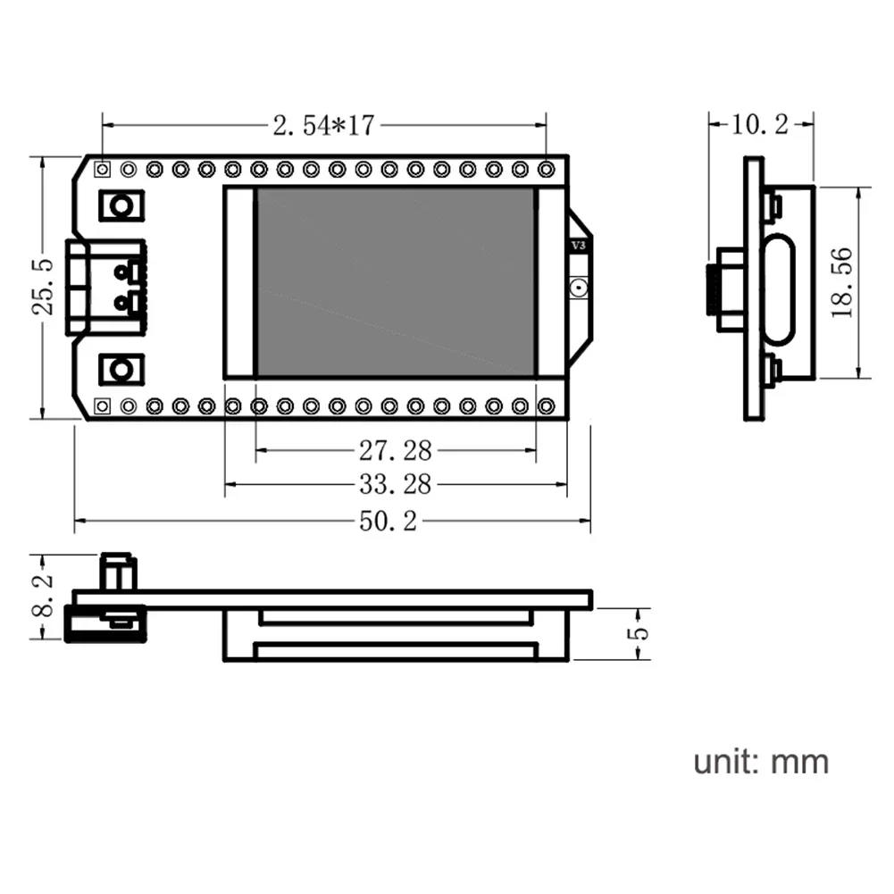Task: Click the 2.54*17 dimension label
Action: tap(322, 126)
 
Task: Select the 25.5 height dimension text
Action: tap(44, 287)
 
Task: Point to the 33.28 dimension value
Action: tap(395, 484)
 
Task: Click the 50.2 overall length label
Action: tap(389, 522)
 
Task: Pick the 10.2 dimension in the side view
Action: tap(759, 125)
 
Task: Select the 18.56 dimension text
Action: tap(840, 282)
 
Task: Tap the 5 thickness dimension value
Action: tap(639, 634)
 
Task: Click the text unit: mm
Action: tap(761, 762)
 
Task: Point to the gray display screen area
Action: tap(395, 282)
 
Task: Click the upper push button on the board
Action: tap(119, 206)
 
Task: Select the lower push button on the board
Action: tap(119, 367)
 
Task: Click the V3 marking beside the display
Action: tap(578, 245)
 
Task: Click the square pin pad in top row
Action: tap(103, 168)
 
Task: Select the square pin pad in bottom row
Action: tap(103, 406)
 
